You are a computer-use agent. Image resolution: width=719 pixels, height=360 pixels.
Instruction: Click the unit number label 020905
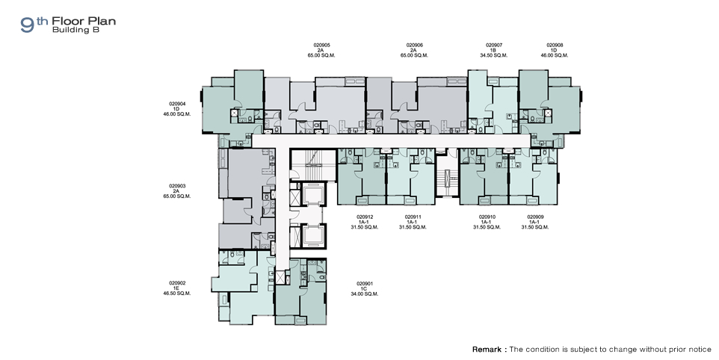(322, 46)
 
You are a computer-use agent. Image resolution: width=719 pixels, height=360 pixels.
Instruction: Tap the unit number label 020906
(415, 46)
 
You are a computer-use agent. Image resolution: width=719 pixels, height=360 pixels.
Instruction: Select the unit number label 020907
(494, 46)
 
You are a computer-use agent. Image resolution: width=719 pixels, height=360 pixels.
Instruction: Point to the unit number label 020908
(555, 46)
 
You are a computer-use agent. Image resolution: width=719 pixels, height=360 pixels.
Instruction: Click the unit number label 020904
(177, 104)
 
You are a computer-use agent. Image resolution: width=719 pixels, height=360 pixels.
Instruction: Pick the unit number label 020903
(177, 187)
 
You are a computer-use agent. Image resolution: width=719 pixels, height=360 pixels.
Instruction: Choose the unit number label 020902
(177, 284)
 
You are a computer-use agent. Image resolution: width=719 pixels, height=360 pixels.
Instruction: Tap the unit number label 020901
(365, 284)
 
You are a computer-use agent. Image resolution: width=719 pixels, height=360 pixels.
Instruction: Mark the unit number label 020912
(365, 217)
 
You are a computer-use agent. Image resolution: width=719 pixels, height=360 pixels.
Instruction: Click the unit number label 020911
(413, 217)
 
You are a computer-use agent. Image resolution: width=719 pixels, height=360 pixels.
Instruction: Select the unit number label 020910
(487, 217)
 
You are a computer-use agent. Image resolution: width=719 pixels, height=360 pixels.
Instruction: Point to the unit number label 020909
(535, 217)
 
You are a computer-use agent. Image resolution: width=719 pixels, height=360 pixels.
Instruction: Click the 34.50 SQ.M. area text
(494, 55)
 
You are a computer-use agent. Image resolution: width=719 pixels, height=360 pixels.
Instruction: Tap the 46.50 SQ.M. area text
(177, 294)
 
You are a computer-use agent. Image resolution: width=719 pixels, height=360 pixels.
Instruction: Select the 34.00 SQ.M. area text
(365, 294)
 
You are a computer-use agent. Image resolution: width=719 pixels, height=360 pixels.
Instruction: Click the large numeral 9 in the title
(28, 25)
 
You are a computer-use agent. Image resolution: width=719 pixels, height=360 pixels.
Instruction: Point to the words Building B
(75, 30)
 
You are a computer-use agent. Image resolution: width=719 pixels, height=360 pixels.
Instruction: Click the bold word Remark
(487, 350)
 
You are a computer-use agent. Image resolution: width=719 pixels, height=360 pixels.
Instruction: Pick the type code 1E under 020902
(176, 288)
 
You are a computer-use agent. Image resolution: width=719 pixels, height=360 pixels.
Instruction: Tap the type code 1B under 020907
(493, 50)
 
